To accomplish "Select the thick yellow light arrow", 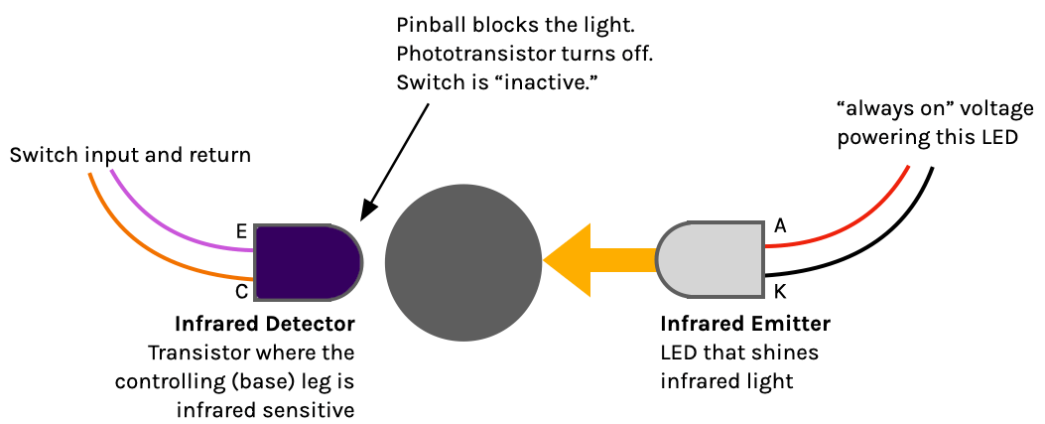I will coord(595,260).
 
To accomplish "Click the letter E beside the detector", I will coord(241,231).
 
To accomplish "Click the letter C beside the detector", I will coord(241,292).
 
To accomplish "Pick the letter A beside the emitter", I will coord(780,226).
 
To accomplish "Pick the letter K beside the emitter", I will coord(780,293).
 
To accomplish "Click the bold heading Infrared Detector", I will coord(264,325).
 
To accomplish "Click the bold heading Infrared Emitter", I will coord(744,325).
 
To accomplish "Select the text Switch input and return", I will coord(130,155).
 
